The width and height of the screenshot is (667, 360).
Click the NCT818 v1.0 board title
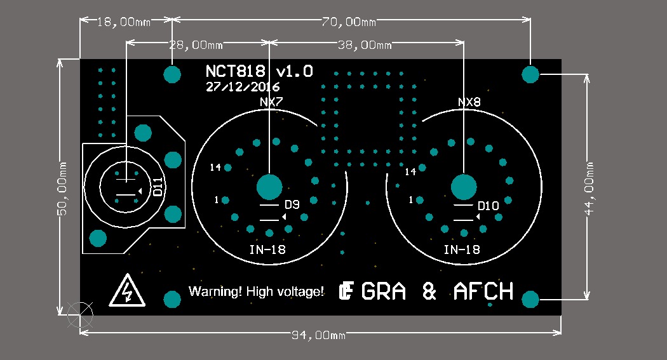click(x=259, y=71)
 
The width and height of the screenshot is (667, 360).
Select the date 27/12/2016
click(x=243, y=87)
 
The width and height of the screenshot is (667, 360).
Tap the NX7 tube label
click(x=271, y=102)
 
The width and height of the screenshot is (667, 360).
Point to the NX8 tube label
click(x=469, y=102)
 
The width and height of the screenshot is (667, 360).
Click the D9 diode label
click(x=292, y=205)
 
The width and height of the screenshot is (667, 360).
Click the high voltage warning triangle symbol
click(x=128, y=291)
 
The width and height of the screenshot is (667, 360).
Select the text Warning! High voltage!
click(x=256, y=291)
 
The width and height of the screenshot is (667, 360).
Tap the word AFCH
click(x=483, y=291)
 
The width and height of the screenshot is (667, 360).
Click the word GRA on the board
click(x=383, y=291)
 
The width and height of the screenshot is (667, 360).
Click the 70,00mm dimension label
click(x=348, y=22)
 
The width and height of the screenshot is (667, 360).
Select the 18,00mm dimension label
click(x=124, y=22)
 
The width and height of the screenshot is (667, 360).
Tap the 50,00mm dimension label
click(x=62, y=189)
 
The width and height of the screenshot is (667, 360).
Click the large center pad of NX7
click(x=269, y=187)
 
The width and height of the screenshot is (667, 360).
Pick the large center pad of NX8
click(x=464, y=187)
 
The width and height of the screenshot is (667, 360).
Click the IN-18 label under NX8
click(x=462, y=249)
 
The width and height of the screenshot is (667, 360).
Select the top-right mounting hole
click(x=530, y=74)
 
